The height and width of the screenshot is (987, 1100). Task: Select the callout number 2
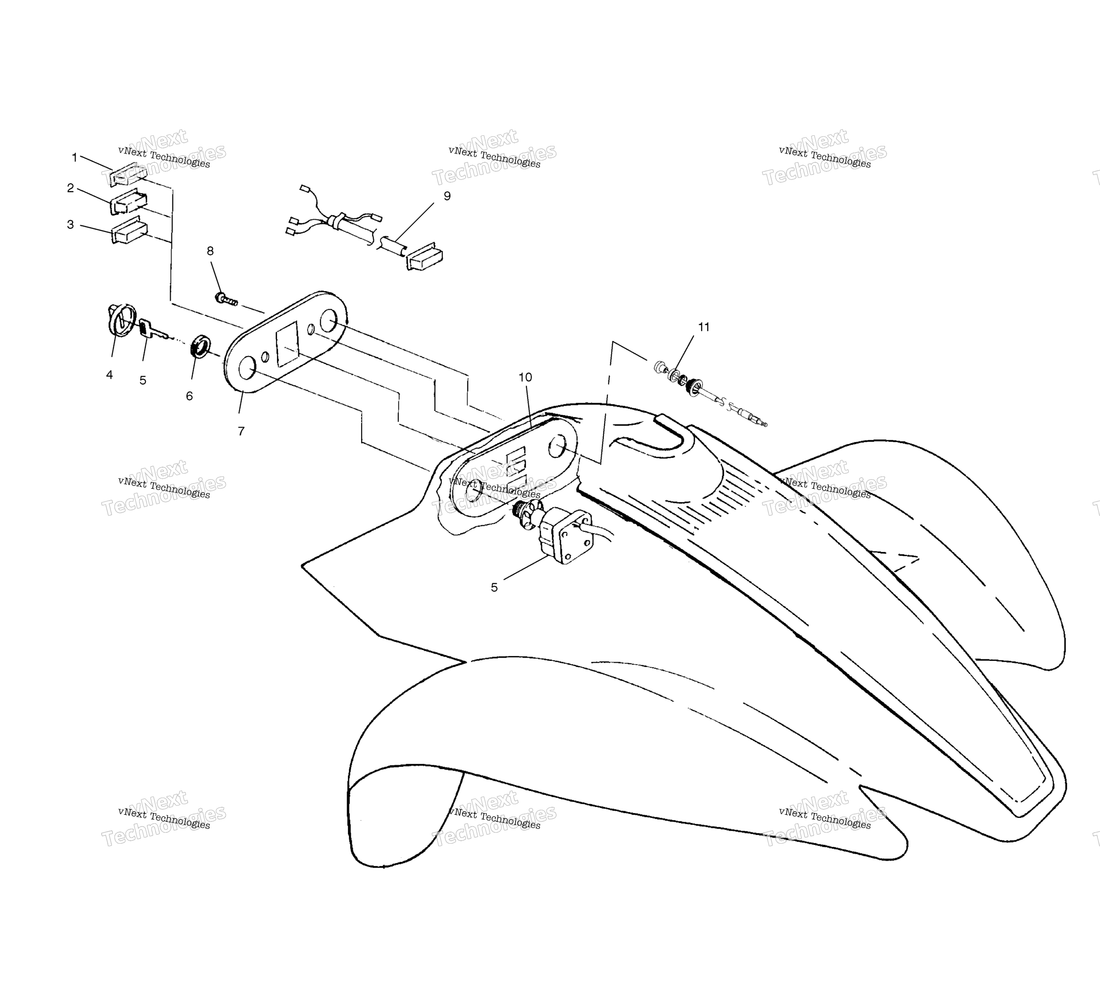tap(70, 188)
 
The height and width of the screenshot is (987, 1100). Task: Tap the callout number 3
tap(70, 225)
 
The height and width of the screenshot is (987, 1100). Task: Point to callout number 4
tap(110, 375)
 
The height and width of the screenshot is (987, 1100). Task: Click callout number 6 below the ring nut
tap(189, 396)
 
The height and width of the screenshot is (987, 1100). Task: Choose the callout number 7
tap(241, 431)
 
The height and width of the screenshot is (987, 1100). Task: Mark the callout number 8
tap(210, 251)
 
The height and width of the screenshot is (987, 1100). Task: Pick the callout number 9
tap(447, 196)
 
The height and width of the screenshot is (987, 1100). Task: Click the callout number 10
tap(525, 377)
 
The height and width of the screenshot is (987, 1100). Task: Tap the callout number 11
tap(704, 327)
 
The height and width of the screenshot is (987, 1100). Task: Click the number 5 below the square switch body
tap(494, 587)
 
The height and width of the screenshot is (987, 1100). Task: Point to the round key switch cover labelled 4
tap(120, 320)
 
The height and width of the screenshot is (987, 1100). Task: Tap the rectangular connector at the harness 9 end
tap(425, 256)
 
